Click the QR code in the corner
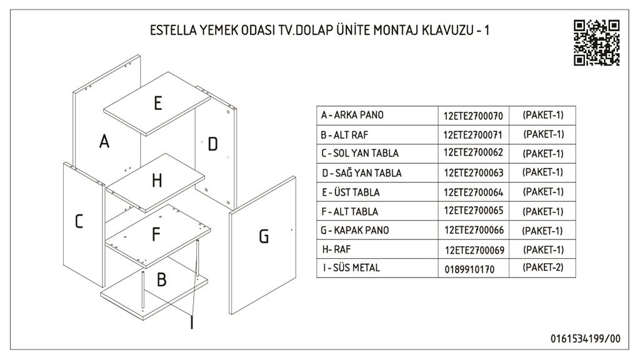[x=597, y=42]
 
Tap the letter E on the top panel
[x=158, y=103]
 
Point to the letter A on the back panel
[x=104, y=141]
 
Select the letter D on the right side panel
[x=212, y=144]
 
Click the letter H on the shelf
[x=157, y=180]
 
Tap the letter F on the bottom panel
[x=156, y=234]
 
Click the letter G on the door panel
[x=264, y=236]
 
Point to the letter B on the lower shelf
[x=162, y=279]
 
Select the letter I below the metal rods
[x=192, y=322]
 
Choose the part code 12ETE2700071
[x=472, y=135]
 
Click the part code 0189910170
[x=469, y=269]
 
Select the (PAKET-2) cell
[x=543, y=267]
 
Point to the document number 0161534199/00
[x=585, y=339]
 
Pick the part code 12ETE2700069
[x=474, y=250]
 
